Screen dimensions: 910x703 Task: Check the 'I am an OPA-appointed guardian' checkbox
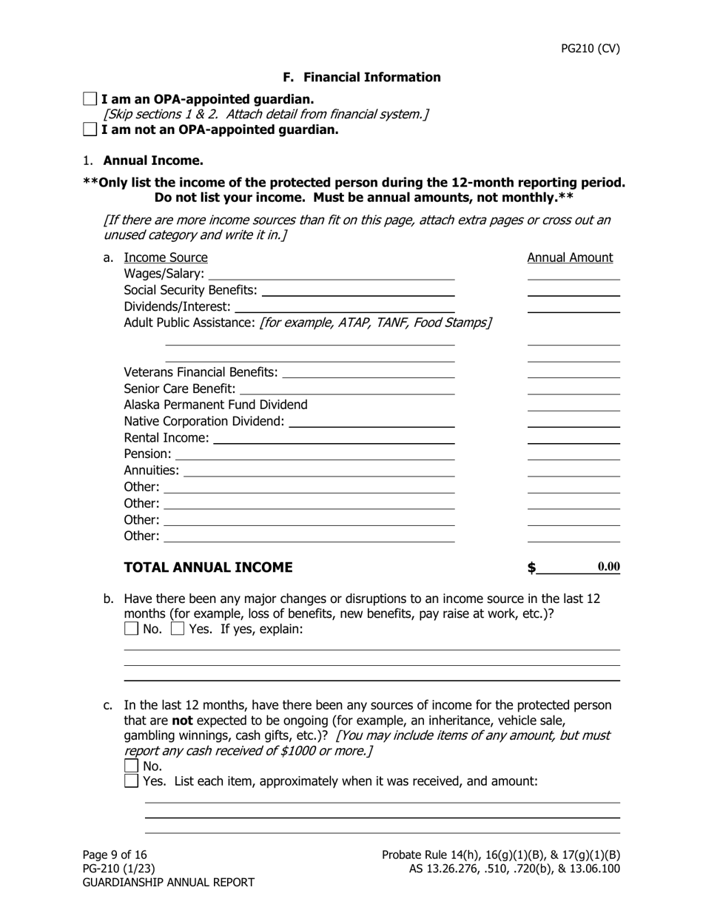[x=90, y=99]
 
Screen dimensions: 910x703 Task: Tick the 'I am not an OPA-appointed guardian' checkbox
[x=90, y=129]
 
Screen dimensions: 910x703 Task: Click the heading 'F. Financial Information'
[x=362, y=78]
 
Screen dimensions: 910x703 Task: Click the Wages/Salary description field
[x=332, y=274]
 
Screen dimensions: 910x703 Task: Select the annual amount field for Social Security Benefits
[x=573, y=290]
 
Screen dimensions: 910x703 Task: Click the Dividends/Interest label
[x=177, y=306]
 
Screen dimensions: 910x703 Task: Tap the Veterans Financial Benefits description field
[x=369, y=371]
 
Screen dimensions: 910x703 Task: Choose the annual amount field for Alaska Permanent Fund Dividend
[x=573, y=405]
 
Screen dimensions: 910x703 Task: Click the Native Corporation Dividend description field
[x=371, y=421]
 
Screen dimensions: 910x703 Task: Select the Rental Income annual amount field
[x=573, y=437]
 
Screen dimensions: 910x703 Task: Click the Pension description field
[x=314, y=454]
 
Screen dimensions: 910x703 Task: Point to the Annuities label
[x=151, y=471]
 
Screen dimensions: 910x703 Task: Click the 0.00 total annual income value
[x=608, y=567]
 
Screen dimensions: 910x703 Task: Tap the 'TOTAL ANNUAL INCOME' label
[x=208, y=567]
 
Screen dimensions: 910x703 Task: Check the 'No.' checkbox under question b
[x=131, y=629]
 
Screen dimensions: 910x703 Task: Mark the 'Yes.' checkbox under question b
[x=178, y=629]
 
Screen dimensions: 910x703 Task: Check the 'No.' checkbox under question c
[x=131, y=766]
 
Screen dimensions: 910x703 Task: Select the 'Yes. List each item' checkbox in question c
[x=131, y=781]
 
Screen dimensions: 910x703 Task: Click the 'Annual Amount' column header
[x=570, y=257]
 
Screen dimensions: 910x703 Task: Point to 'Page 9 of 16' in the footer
[x=115, y=855]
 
